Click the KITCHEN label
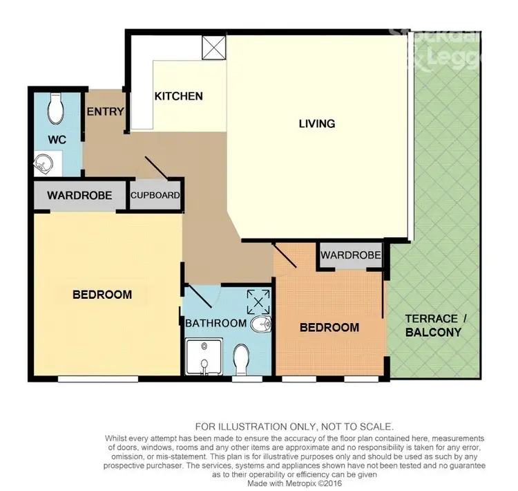178,96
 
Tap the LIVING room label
317,124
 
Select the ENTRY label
106,112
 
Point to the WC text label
57,140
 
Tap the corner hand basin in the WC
44,164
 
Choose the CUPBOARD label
156,196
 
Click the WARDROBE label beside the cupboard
79,196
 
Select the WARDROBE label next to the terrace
351,255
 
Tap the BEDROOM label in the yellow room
102,295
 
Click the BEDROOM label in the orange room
329,327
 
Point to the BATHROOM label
215,323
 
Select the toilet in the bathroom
242,358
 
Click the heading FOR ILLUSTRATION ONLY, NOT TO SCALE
295,427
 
